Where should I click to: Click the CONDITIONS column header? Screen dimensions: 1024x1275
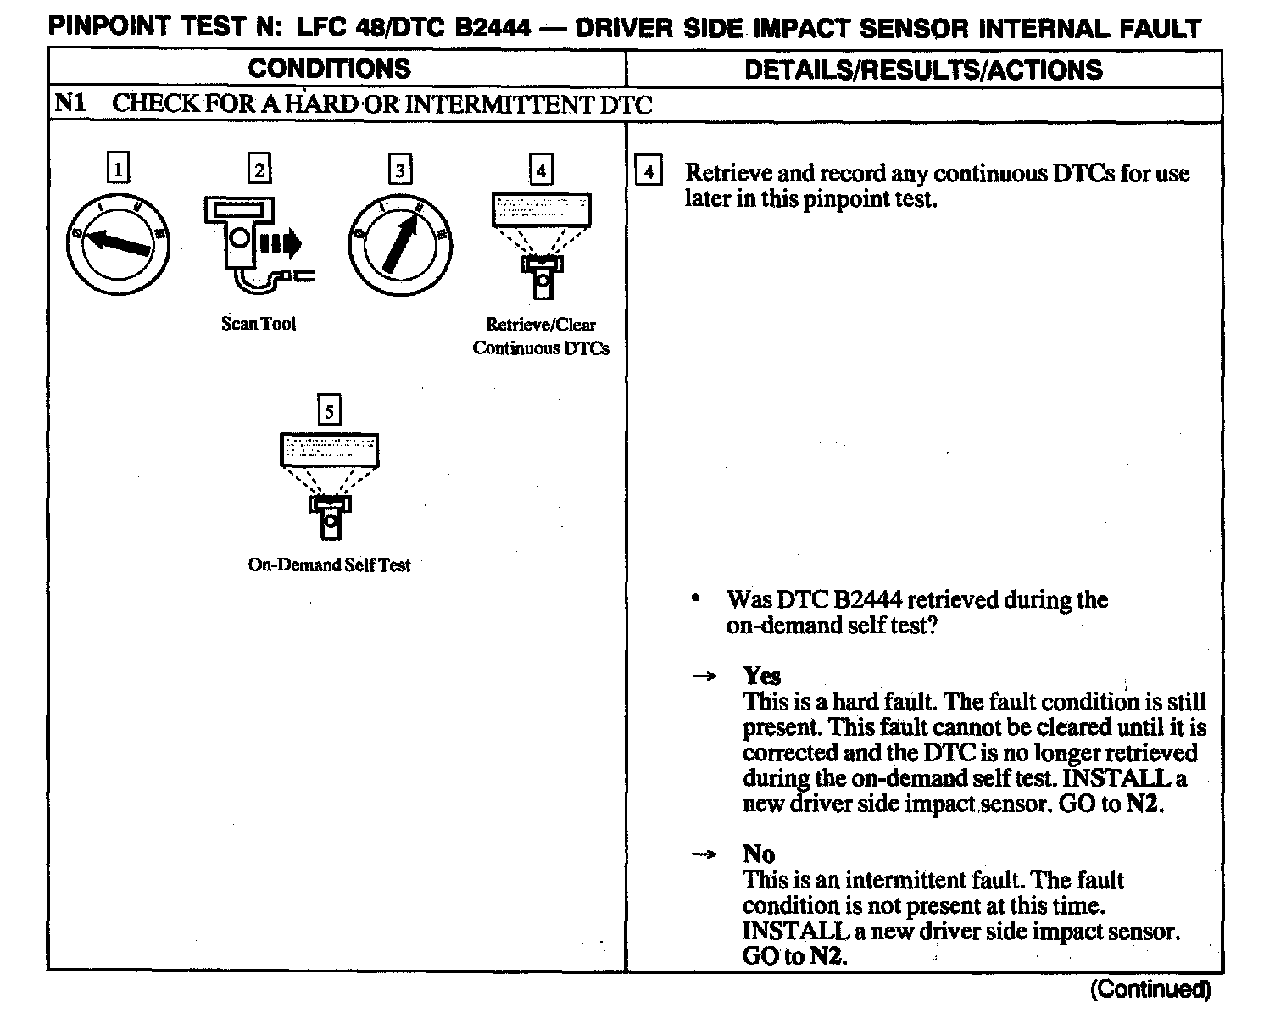click(330, 69)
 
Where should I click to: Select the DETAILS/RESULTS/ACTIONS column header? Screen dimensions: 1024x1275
click(923, 70)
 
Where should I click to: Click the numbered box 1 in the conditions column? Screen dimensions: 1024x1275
click(118, 169)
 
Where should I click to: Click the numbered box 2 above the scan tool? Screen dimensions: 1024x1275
click(259, 169)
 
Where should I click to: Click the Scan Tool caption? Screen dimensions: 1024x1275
click(259, 324)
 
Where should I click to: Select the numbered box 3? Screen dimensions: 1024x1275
click(399, 169)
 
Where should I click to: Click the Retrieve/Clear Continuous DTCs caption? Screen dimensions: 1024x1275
click(541, 337)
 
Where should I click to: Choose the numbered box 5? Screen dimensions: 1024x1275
click(329, 411)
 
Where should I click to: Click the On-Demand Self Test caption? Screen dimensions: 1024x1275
click(329, 565)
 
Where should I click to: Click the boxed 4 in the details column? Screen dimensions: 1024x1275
click(649, 172)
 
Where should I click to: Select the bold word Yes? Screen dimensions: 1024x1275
click(761, 676)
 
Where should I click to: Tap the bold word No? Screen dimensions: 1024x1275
click(759, 854)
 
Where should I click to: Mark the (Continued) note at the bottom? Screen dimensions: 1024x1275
click(1150, 989)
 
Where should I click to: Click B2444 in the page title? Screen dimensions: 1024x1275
click(494, 28)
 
